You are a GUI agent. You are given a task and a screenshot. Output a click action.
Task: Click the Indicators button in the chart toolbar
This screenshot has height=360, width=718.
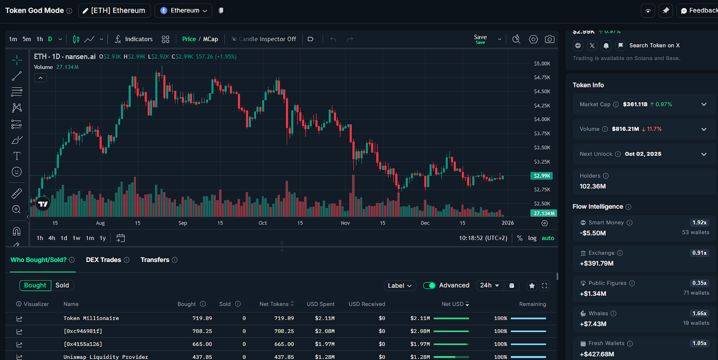pos(134,39)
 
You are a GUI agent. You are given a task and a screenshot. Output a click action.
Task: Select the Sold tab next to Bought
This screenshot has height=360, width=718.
pos(62,285)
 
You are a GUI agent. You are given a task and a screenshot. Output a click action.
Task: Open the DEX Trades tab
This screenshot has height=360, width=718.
pos(104,260)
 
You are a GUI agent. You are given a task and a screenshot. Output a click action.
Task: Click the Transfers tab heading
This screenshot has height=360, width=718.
pos(155,260)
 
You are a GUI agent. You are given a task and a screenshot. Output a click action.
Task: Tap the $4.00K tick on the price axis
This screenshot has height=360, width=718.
pos(542,119)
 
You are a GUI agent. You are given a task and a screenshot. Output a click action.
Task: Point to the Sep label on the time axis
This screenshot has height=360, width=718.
pos(183,223)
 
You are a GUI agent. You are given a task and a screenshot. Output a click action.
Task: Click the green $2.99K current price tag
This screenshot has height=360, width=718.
pos(542,176)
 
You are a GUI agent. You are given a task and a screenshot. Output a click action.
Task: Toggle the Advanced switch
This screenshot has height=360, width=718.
pos(429,285)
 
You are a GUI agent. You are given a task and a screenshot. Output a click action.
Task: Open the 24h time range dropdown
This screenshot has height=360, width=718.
pos(489,285)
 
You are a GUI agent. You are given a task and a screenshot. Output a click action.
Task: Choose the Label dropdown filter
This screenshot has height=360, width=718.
pos(399,285)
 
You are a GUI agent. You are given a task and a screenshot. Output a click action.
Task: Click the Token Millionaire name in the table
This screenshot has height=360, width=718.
pos(91,318)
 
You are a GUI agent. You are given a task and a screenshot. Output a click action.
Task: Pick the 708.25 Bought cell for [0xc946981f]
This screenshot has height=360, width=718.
pos(202,331)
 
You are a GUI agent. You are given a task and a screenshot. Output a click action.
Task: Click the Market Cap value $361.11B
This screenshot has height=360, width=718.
pos(635,104)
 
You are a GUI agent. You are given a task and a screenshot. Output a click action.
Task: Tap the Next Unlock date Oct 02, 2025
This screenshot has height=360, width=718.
pos(643,154)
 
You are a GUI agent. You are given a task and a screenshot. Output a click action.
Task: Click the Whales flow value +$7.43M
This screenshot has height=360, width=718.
pos(593,324)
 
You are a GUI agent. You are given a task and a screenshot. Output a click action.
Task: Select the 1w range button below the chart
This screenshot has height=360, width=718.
pos(77,238)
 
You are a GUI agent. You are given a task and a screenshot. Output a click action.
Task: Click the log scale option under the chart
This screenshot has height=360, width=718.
pos(532,238)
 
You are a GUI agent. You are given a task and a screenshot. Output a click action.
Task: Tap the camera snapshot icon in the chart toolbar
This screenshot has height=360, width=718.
pos(549,40)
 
